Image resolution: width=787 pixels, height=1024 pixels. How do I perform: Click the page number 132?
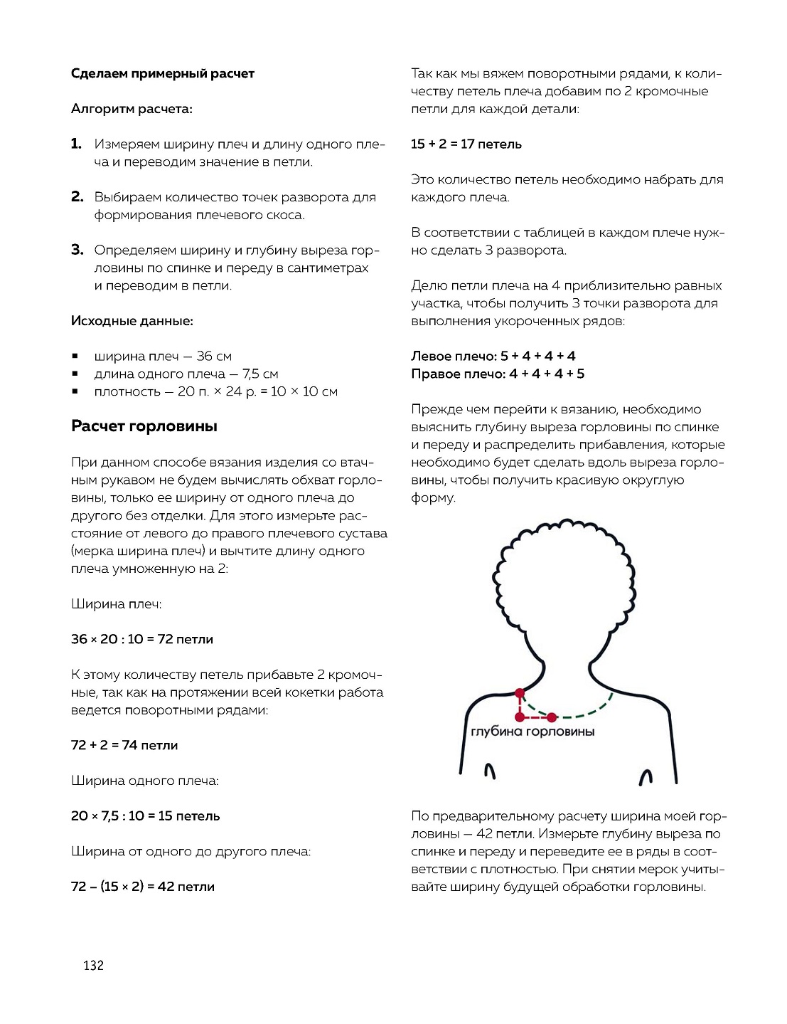coord(93,965)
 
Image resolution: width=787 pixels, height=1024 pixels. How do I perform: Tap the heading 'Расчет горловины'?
coord(144,426)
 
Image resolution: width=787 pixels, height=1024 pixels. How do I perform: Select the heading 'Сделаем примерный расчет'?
coord(162,73)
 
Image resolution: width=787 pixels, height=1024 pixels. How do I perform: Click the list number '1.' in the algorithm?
coord(76,144)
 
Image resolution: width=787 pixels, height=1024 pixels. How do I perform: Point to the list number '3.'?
coord(77,250)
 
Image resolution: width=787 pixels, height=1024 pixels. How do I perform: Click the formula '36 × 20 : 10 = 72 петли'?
coord(141,639)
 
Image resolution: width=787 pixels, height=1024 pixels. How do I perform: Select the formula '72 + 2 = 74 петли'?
coord(124,745)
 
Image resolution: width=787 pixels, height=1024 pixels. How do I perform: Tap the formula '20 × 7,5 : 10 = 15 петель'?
coord(145,815)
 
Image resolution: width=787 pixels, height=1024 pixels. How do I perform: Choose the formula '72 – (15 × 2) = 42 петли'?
coord(142,887)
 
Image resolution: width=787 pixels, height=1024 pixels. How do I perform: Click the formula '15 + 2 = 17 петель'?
coord(466,144)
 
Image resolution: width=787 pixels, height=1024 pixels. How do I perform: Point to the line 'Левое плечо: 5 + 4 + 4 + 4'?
coord(493,356)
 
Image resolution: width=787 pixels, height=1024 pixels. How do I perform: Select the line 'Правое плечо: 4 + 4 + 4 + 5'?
coord(497,374)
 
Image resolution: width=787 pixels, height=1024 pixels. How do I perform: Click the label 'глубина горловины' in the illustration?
coord(532,732)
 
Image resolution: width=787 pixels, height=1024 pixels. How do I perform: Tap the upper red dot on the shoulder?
coord(520,692)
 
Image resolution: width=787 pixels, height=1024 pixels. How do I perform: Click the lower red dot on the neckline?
coord(552,717)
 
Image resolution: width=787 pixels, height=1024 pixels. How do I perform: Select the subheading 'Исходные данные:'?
coord(132,321)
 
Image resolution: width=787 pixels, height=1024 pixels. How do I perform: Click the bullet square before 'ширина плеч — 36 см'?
coord(75,356)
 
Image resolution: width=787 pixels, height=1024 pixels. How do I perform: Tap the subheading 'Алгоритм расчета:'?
coord(132,109)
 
